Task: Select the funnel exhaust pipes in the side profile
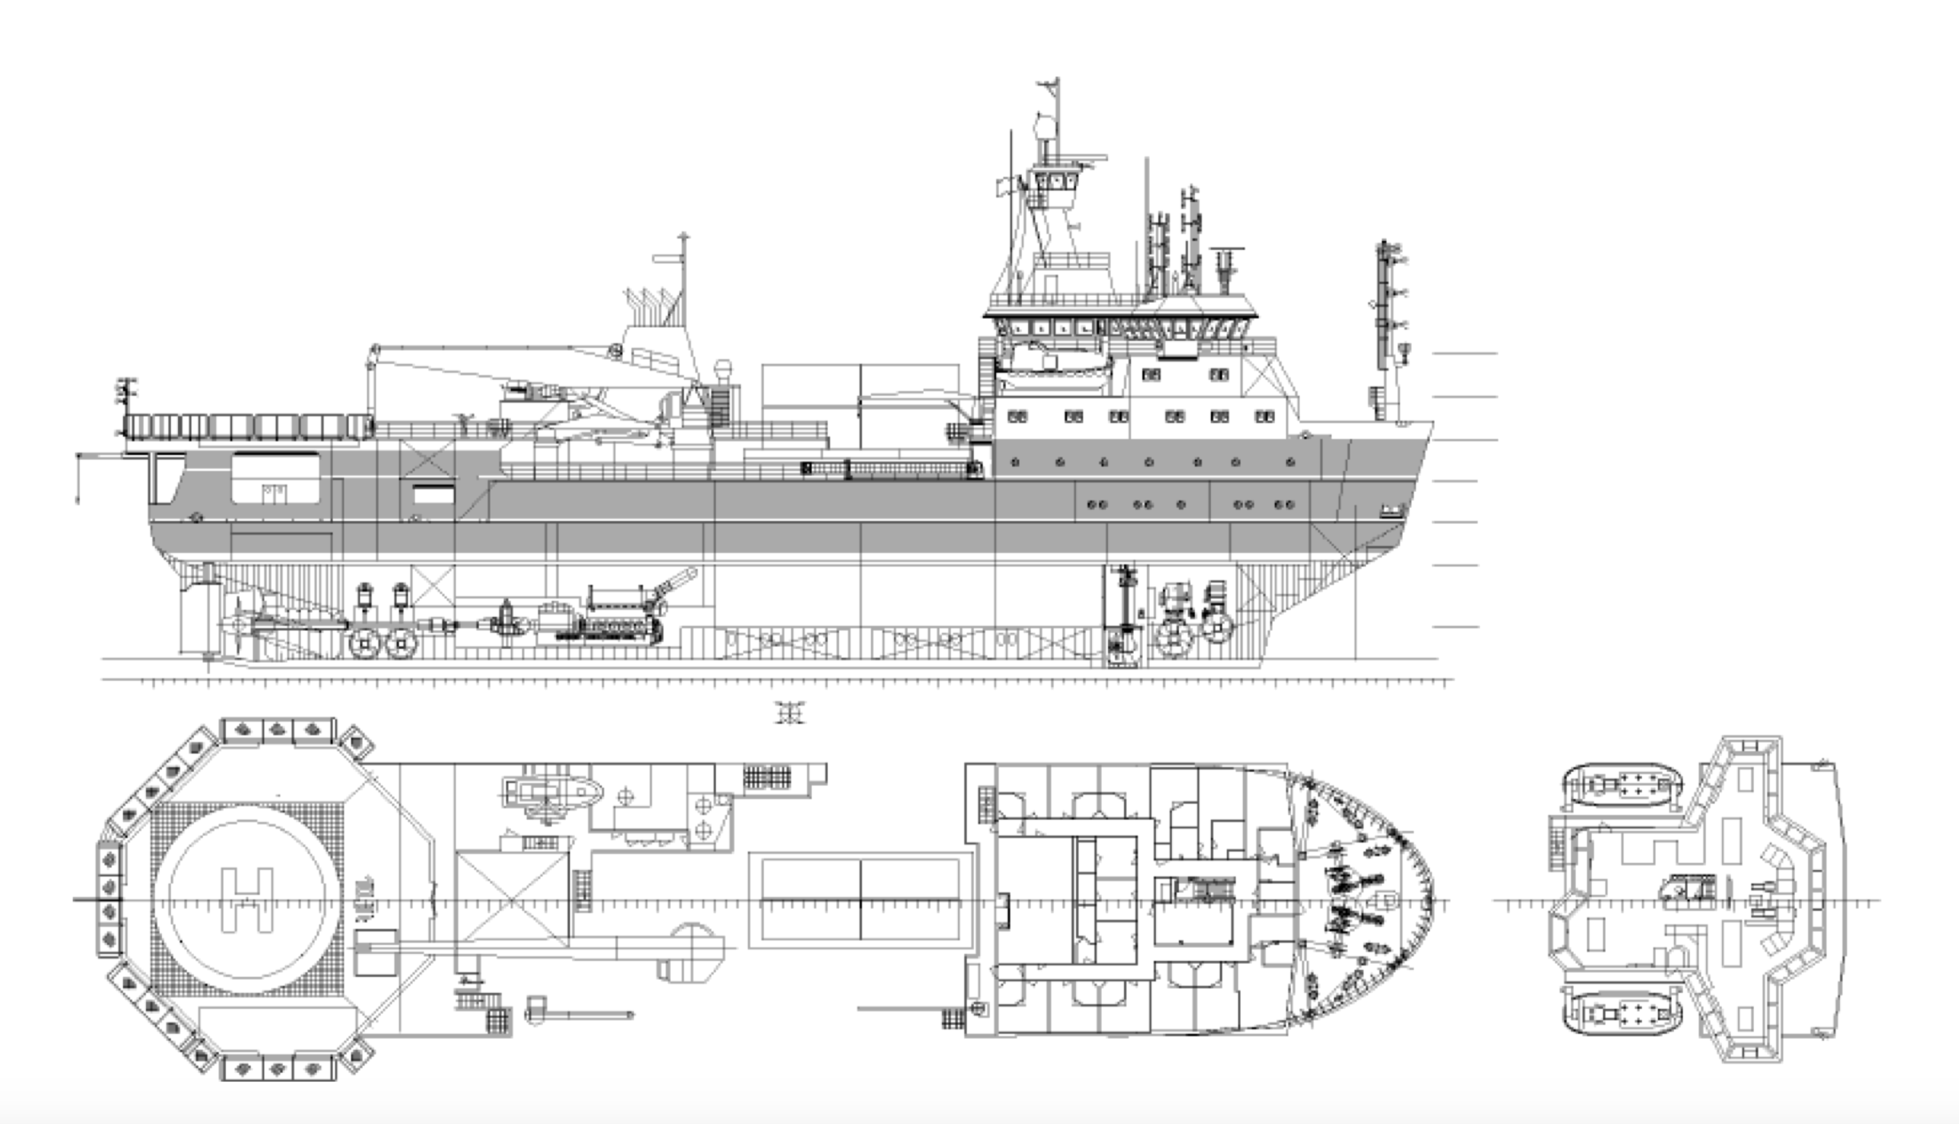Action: [652, 306]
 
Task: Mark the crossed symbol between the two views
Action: [790, 712]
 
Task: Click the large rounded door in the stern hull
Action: [275, 478]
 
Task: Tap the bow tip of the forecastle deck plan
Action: [1432, 900]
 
